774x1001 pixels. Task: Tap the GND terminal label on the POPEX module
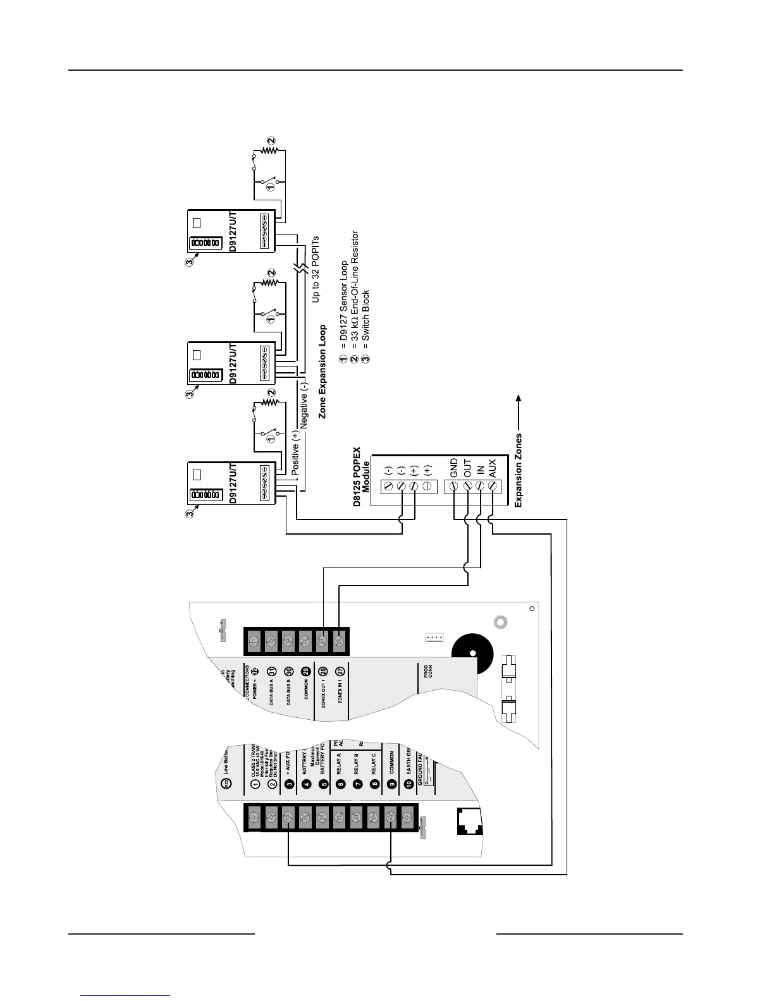(453, 468)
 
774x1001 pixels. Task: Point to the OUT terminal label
(467, 468)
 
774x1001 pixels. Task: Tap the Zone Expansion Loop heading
(322, 372)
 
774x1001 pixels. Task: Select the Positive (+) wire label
(295, 452)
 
